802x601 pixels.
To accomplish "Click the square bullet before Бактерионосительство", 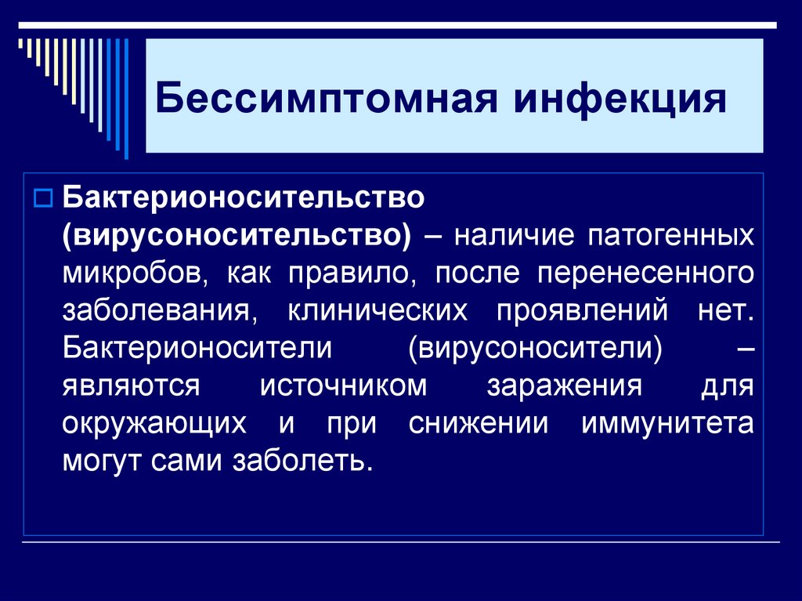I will click(x=44, y=195).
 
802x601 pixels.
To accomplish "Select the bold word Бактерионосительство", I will click(x=244, y=197).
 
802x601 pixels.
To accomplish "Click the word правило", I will click(x=356, y=273).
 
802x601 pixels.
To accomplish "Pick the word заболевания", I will click(x=156, y=310).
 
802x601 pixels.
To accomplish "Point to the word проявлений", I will click(x=582, y=310).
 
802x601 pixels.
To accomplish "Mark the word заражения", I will click(x=565, y=386).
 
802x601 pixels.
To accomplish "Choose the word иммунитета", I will click(x=668, y=423).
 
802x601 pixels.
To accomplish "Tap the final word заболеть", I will click(x=301, y=461).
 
